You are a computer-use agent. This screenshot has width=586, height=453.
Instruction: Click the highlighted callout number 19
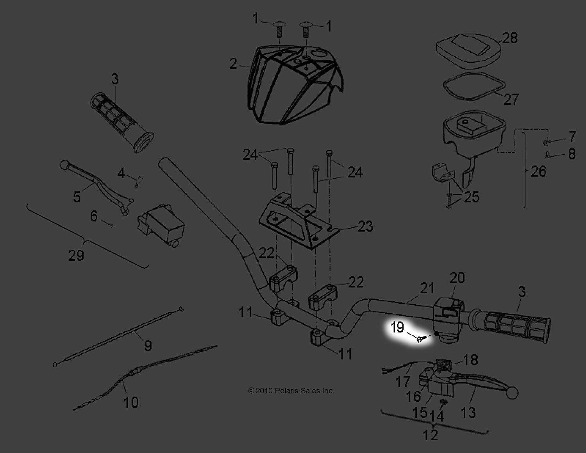[x=397, y=327]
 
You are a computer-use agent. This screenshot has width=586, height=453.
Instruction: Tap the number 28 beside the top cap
[x=510, y=38]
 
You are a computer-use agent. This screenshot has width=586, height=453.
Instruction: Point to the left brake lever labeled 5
[x=98, y=183]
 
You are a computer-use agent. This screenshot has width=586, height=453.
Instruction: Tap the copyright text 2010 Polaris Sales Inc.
[x=291, y=390]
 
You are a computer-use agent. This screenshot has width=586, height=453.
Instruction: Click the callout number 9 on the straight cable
[x=148, y=345]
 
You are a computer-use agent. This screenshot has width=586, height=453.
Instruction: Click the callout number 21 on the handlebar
[x=427, y=288]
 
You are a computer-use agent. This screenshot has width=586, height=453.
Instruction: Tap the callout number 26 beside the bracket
[x=538, y=171]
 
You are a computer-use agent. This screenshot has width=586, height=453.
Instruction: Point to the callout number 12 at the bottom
[x=430, y=435]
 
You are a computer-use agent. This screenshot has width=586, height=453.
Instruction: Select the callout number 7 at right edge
[x=572, y=137]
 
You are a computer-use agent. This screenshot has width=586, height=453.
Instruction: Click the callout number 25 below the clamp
[x=471, y=197]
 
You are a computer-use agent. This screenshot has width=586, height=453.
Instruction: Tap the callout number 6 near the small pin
[x=94, y=216]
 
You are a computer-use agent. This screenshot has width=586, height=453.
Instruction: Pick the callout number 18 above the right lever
[x=471, y=360]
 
